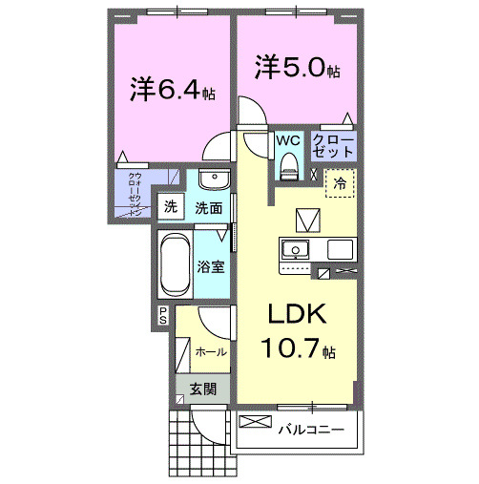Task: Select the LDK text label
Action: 295,315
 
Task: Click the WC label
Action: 288,139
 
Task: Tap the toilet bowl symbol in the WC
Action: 287,169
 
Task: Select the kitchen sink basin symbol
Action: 295,250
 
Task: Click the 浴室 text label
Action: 211,266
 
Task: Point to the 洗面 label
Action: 209,207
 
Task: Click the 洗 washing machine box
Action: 171,206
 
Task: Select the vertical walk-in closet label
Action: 135,195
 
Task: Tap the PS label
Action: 163,316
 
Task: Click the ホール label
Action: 210,351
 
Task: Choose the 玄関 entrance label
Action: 201,389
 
